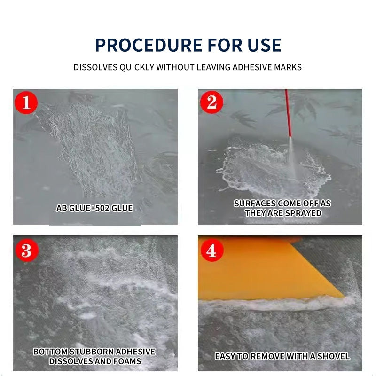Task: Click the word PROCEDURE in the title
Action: coord(149,45)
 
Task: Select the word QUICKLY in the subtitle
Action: coord(137,67)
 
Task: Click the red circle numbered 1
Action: coord(26,102)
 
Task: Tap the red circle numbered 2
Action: coord(212,102)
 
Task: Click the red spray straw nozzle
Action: coord(288,113)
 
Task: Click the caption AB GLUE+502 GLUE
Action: coord(94,208)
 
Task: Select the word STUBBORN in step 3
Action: coord(92,352)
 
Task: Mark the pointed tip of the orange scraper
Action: coord(344,297)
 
